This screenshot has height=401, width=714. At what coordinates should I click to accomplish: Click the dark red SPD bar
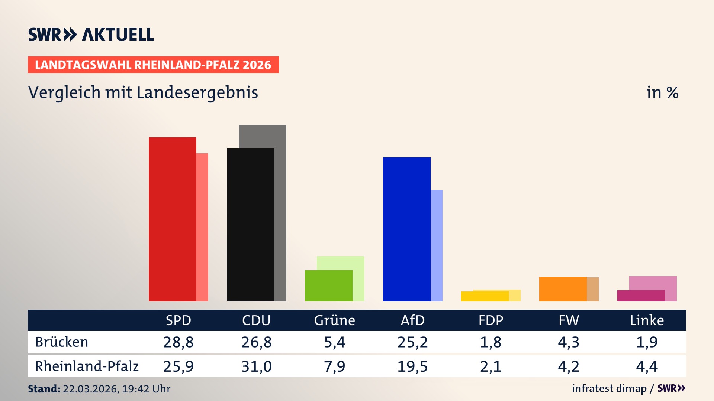[172, 219]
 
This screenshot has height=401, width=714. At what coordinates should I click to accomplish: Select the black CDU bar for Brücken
[250, 225]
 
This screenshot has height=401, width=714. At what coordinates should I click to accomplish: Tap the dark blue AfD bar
[406, 229]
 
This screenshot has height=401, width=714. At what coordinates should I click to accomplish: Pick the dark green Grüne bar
[328, 286]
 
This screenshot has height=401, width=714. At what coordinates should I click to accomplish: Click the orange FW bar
[563, 289]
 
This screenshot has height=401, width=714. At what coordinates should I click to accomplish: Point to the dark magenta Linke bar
[641, 296]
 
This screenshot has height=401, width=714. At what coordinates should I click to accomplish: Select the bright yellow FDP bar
[485, 297]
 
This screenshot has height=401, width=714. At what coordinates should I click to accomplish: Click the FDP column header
[491, 320]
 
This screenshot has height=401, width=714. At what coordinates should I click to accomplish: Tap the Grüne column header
[334, 320]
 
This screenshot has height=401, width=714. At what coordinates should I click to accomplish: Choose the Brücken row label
[62, 342]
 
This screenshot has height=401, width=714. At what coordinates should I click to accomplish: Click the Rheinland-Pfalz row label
[87, 366]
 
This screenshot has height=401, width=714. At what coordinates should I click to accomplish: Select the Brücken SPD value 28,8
[178, 342]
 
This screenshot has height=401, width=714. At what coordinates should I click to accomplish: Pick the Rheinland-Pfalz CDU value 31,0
[256, 366]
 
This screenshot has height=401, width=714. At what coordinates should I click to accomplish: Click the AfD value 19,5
[412, 366]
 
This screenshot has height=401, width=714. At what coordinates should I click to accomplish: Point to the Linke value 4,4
[647, 366]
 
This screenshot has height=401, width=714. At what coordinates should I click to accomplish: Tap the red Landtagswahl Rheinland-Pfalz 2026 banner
[153, 65]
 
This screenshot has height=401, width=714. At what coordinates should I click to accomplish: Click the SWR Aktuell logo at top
[91, 35]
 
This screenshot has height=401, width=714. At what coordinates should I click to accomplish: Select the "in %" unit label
[662, 92]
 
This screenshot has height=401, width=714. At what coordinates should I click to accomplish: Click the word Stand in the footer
[44, 389]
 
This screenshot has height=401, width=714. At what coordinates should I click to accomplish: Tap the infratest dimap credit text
[609, 388]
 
